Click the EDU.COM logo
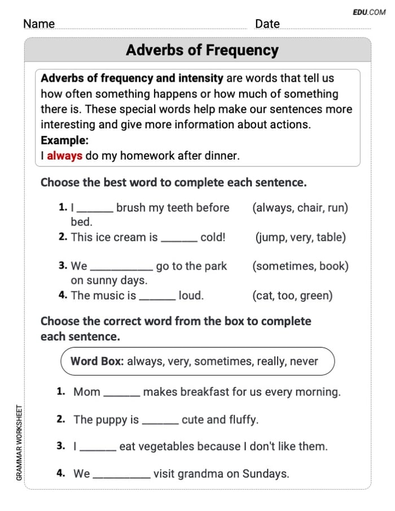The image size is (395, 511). click(369, 11)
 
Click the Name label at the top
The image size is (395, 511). click(39, 24)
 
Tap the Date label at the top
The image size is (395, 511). click(267, 24)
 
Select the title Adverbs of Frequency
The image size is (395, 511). click(202, 50)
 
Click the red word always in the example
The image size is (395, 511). click(64, 156)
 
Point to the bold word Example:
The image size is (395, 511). click(64, 140)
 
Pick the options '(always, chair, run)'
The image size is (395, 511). click(300, 208)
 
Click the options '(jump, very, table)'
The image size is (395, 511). click(300, 237)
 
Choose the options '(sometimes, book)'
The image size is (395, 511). click(300, 266)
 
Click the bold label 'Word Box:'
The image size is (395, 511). click(96, 362)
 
